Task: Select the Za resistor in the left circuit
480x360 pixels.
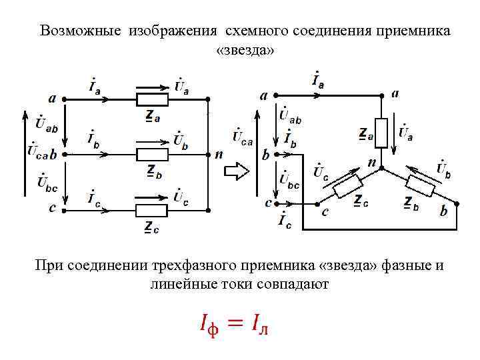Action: click(152, 100)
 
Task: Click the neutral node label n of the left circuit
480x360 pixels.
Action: click(219, 155)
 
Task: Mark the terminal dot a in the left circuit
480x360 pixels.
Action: click(64, 100)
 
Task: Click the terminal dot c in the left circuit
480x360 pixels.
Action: click(64, 210)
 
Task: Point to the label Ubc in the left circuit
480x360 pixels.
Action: click(47, 181)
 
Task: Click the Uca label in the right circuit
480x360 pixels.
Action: click(243, 137)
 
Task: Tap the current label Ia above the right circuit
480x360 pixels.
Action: click(318, 80)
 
